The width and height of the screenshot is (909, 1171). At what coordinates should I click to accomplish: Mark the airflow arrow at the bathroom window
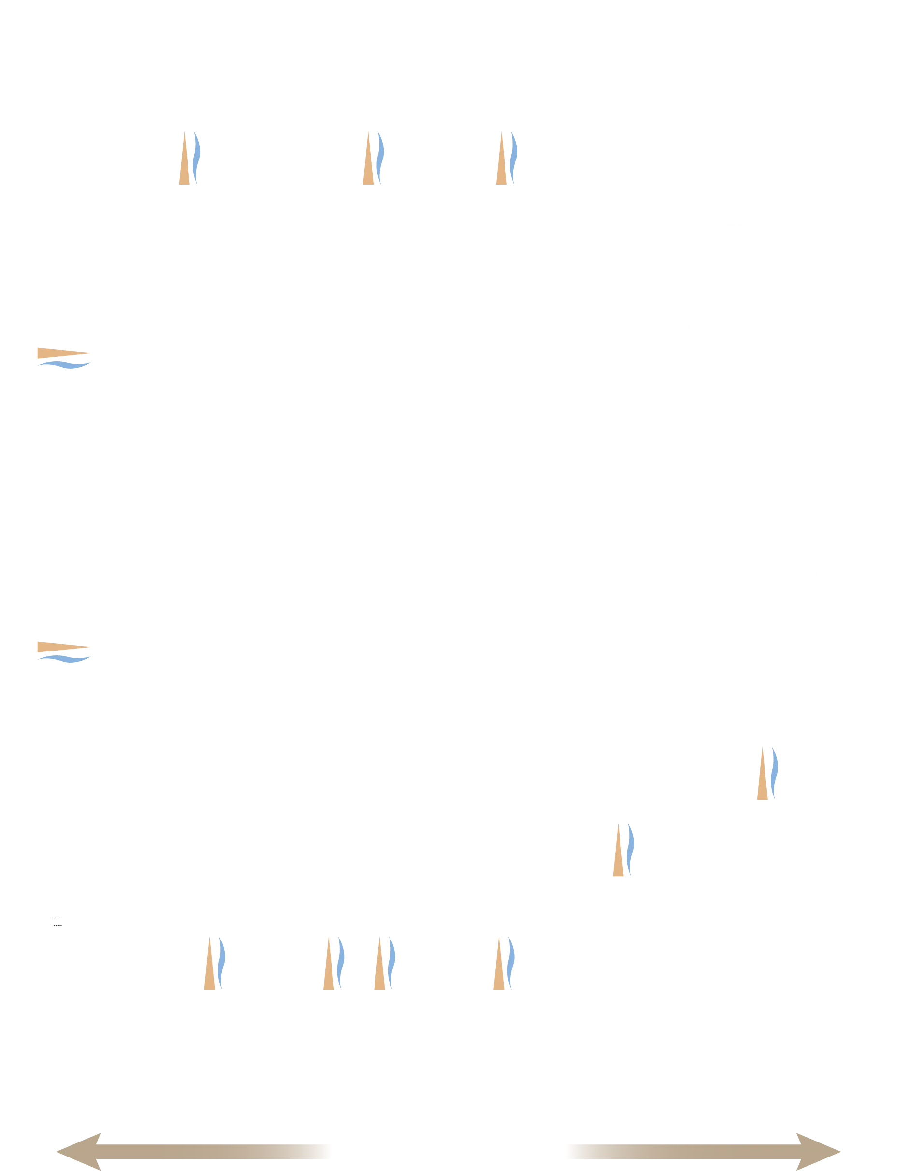click(767, 772)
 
